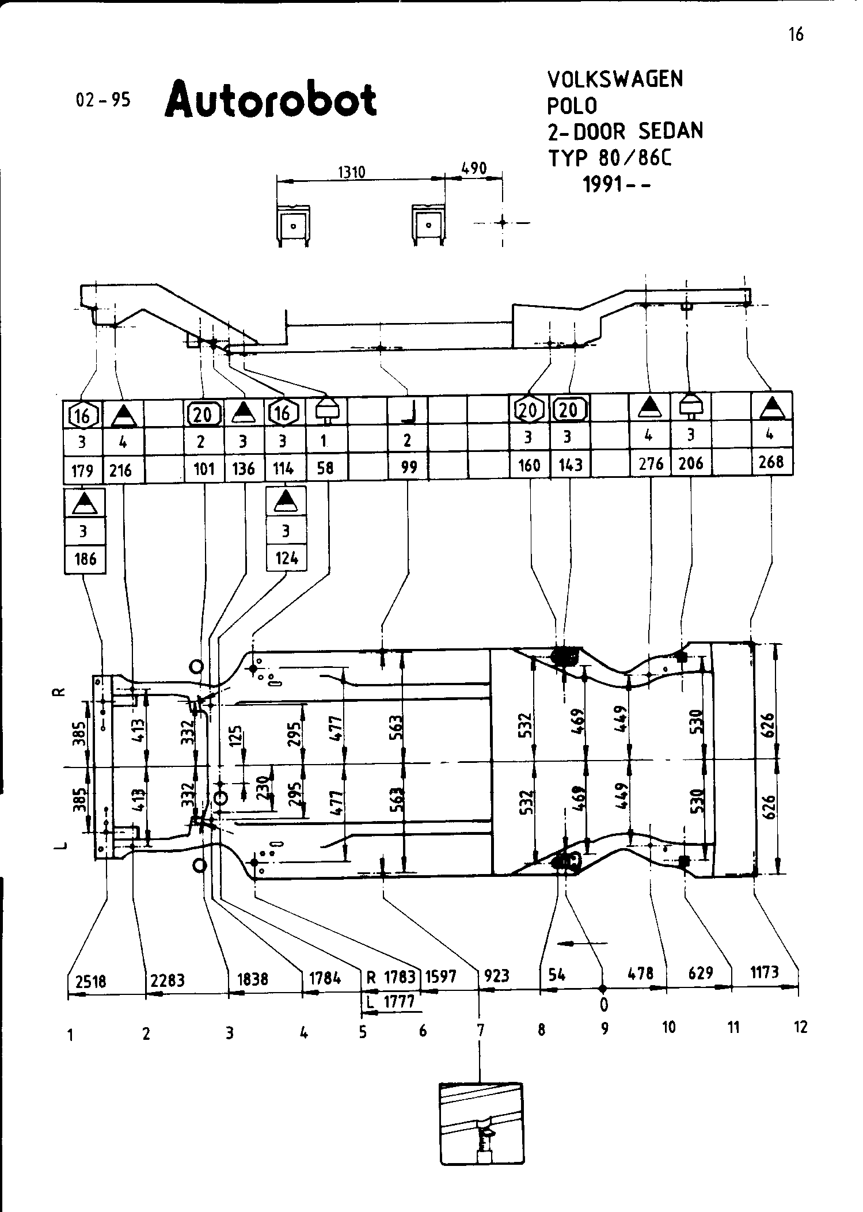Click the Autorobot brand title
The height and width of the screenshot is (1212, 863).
coord(271,100)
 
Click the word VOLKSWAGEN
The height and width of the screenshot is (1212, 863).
coord(615,79)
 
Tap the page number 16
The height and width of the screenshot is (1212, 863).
coord(796,35)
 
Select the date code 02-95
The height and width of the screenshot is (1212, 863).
coord(104,100)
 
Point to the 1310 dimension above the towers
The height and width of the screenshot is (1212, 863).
coord(352,172)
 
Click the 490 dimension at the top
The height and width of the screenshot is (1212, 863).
coord(474,168)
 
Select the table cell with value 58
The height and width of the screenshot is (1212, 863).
coord(325,467)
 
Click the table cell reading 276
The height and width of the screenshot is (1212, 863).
coord(651,463)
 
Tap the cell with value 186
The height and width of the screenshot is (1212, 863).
coord(85,558)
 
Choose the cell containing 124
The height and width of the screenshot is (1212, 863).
coord(287,557)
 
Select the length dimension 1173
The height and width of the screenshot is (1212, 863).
coord(765,972)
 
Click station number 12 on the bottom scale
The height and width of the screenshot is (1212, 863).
coord(800,1027)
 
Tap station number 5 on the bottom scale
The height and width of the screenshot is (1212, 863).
coord(363,1032)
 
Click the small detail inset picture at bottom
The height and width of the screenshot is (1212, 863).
coord(482,1131)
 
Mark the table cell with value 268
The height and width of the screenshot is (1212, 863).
coord(771,462)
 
